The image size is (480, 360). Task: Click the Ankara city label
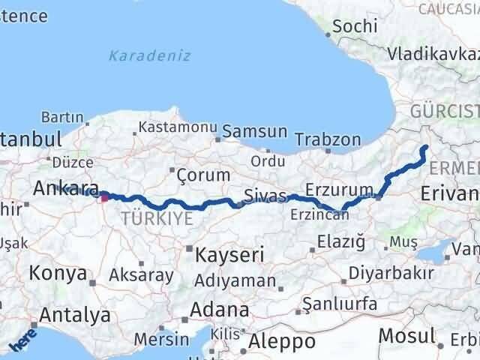point(66,188)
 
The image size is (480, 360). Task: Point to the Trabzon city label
point(328,139)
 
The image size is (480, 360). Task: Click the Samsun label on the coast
point(255,131)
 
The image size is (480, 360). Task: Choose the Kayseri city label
point(229,255)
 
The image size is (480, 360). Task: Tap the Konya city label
point(59,274)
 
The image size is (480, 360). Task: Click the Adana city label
point(220,309)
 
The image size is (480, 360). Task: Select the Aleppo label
point(282,342)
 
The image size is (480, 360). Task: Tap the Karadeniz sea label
point(149,55)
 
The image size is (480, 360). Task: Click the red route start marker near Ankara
point(104,198)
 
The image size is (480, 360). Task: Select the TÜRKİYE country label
point(157,218)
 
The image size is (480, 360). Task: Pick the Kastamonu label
point(178,127)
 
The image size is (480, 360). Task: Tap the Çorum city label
point(203,175)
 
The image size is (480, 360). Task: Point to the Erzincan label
point(319,214)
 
